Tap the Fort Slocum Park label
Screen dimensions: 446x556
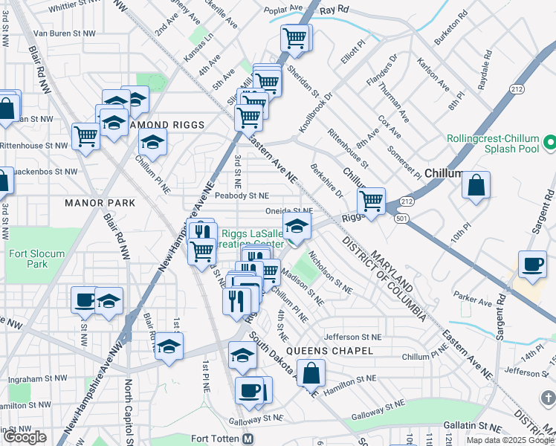click(x=36, y=259)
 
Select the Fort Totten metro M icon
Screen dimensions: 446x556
click(x=248, y=439)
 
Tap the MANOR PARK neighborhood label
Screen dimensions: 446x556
click(x=100, y=202)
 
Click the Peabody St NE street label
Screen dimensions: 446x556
click(x=242, y=195)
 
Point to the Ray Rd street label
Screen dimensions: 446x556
click(x=334, y=10)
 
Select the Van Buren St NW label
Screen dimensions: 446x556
click(x=65, y=33)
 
